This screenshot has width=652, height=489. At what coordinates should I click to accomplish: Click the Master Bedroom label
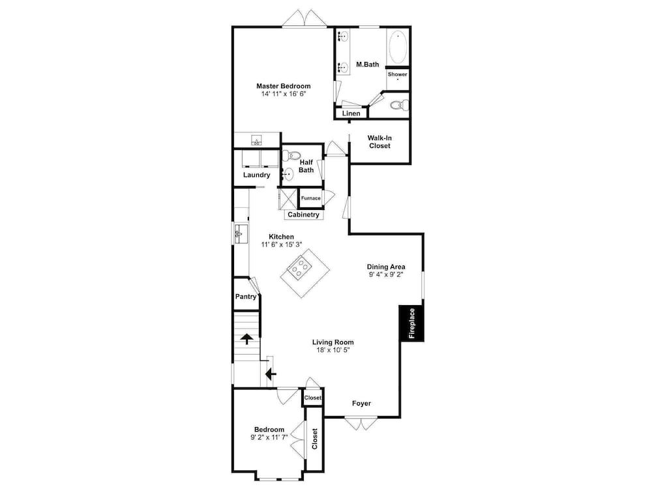pyautogui.click(x=283, y=86)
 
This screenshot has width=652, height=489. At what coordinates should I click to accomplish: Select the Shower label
pyautogui.click(x=398, y=74)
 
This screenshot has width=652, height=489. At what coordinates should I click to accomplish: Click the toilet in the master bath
pyautogui.click(x=400, y=105)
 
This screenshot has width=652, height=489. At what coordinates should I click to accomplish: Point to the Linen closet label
pyautogui.click(x=351, y=113)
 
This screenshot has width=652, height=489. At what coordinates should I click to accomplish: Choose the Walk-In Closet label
pyautogui.click(x=379, y=141)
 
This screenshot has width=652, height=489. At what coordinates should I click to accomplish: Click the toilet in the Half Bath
pyautogui.click(x=291, y=156)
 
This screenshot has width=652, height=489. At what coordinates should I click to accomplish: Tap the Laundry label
pyautogui.click(x=256, y=175)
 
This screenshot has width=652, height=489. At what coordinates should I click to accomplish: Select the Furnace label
pyautogui.click(x=310, y=198)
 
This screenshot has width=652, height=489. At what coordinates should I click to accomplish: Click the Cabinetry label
pyautogui.click(x=304, y=215)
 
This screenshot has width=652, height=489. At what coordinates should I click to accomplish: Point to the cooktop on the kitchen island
pyautogui.click(x=300, y=267)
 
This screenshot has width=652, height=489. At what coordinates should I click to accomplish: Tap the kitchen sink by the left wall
pyautogui.click(x=241, y=233)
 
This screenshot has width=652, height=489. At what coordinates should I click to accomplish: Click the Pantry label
pyautogui.click(x=246, y=297)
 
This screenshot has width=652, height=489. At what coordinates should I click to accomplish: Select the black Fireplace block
pyautogui.click(x=411, y=323)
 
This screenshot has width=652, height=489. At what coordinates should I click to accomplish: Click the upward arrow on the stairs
pyautogui.click(x=247, y=339)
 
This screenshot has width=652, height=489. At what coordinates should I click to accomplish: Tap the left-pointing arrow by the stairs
pyautogui.click(x=271, y=374)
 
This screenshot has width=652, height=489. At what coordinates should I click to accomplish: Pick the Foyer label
pyautogui.click(x=361, y=404)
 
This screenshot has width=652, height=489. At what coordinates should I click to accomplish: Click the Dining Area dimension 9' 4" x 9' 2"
pyautogui.click(x=386, y=274)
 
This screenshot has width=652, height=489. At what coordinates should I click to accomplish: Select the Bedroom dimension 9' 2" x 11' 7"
pyautogui.click(x=269, y=437)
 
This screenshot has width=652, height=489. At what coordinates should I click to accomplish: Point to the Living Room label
pyautogui.click(x=333, y=342)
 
